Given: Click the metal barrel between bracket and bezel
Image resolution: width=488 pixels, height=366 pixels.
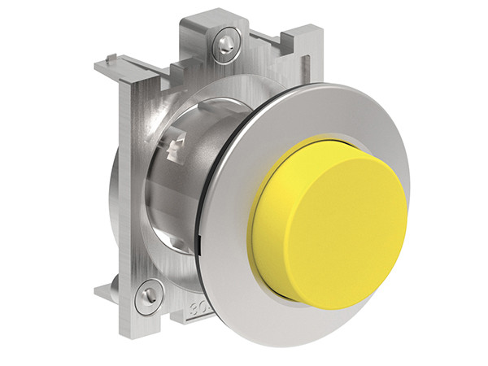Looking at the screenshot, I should (x=175, y=195).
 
